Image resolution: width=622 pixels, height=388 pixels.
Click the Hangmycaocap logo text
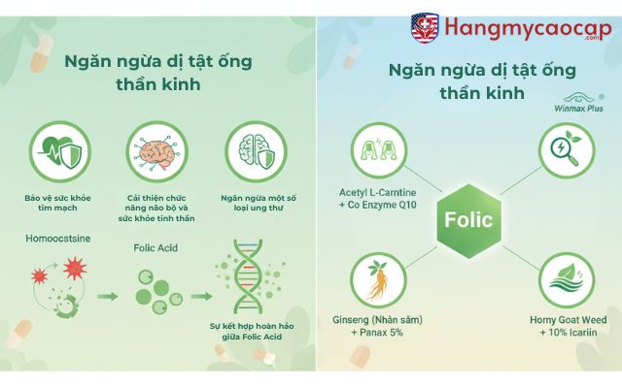tap(525, 26)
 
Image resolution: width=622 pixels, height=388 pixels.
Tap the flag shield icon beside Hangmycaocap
tap(425, 27)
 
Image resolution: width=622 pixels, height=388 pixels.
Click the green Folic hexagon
tap(468, 219)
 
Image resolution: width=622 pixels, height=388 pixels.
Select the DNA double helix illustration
tap(256, 282)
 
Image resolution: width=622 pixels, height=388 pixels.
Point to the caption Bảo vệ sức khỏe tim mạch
tap(59, 202)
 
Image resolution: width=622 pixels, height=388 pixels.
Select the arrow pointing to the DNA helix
tap(200, 297)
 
